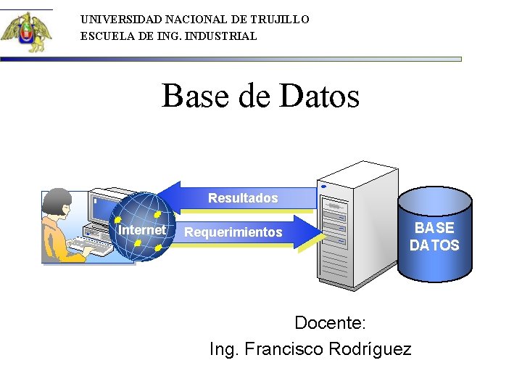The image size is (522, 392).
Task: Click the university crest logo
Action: pos(26,32)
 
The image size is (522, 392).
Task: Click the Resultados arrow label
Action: pos(243,198)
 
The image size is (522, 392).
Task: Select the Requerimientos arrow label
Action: pos(233,232)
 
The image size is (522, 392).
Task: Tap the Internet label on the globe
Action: pos(141,230)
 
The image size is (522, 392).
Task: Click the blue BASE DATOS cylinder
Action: pos(434,237)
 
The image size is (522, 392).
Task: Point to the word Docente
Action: pos(331,322)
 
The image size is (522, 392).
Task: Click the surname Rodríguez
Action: pos(370,349)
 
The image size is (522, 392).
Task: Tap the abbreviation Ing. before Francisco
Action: pos(224,349)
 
